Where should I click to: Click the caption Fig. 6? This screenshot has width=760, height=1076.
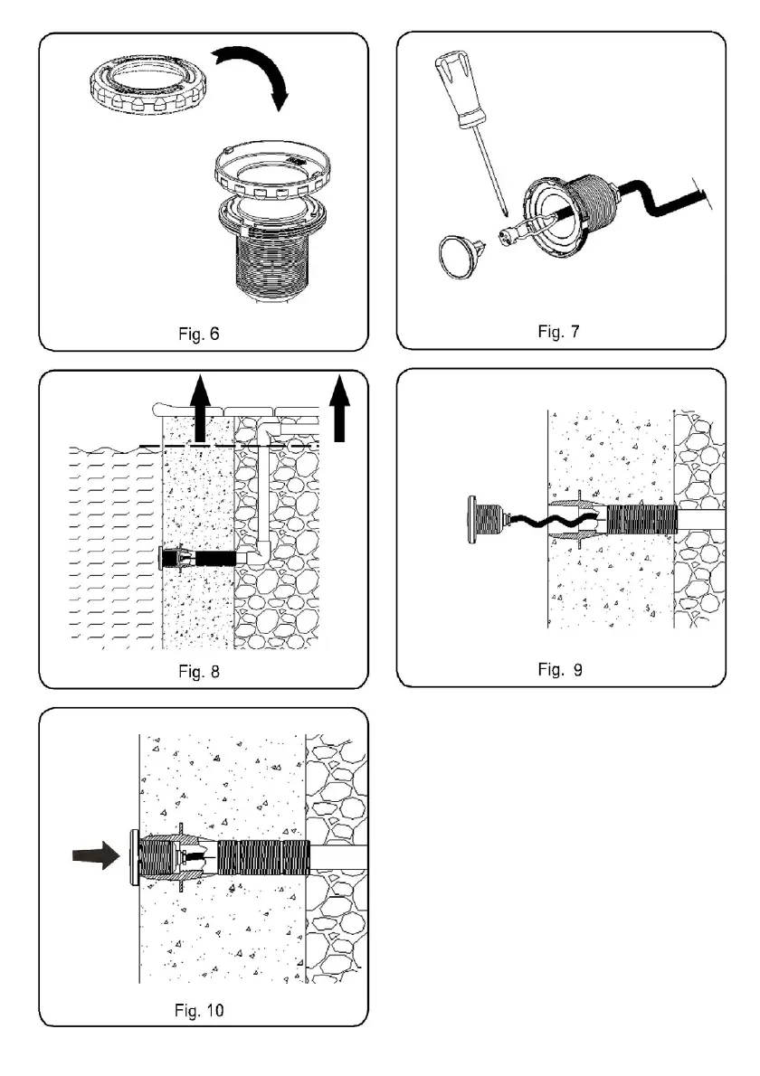pyautogui.click(x=196, y=332)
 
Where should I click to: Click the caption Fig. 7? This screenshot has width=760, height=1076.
pyautogui.click(x=554, y=330)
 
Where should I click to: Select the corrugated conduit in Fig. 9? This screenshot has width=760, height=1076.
pyautogui.click(x=641, y=522)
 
